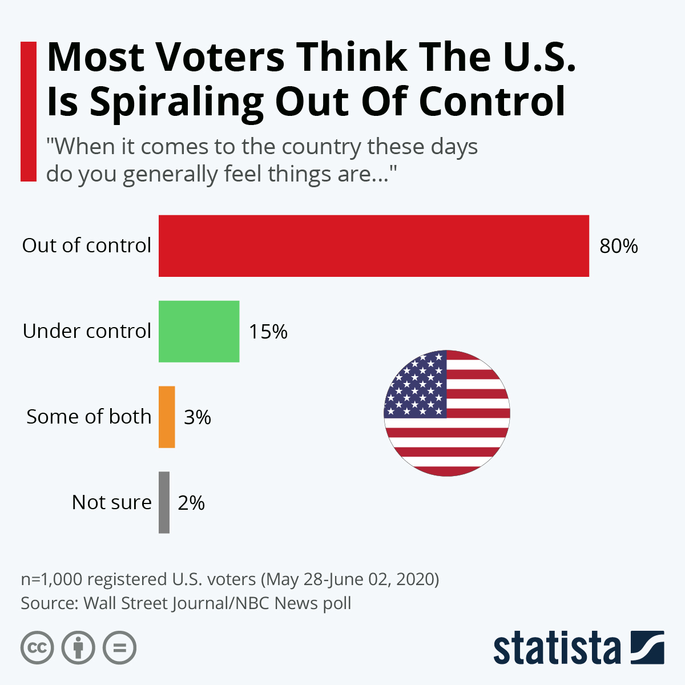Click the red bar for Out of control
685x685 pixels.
tap(373, 246)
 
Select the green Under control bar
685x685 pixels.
tap(199, 332)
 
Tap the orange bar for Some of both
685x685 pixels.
tap(167, 417)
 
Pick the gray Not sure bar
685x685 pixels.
tap(164, 503)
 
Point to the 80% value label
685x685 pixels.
tap(618, 246)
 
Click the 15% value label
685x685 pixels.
tap(268, 332)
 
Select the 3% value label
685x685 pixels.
tap(198, 417)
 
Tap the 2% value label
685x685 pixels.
tap(191, 503)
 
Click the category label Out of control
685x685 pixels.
tap(87, 245)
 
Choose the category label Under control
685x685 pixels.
tap(87, 331)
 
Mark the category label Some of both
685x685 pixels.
tap(89, 417)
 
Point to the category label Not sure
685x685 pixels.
tap(112, 502)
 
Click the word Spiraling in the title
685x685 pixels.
tap(176, 103)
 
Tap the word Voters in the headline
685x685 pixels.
tap(220, 57)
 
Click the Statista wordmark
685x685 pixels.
tap(557, 648)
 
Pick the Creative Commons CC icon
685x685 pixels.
tap(38, 648)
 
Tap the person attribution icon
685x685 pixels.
tap(79, 648)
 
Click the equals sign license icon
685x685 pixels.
tap(120, 648)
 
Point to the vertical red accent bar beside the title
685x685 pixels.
tap(29, 112)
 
